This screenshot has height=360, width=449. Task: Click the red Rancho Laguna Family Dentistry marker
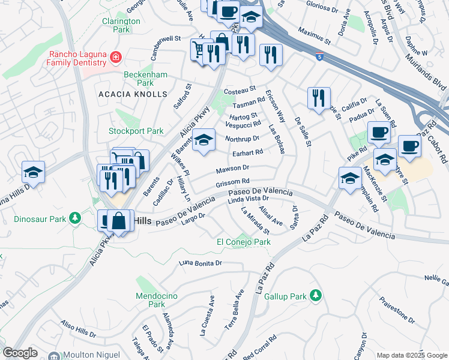[x=115, y=58]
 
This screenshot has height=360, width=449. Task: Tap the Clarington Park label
[x=121, y=25]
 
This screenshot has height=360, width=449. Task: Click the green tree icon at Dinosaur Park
[x=75, y=217]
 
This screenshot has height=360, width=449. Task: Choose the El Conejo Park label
[x=243, y=242]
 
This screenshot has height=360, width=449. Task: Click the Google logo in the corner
[x=20, y=353]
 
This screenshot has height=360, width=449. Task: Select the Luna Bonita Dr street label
[x=201, y=263]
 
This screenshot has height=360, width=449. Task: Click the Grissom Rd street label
[x=232, y=182]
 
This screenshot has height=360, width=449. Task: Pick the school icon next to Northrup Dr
[x=203, y=140]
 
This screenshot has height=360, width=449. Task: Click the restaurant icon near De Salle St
[x=318, y=97]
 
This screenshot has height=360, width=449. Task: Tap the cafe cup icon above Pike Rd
[x=378, y=132]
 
